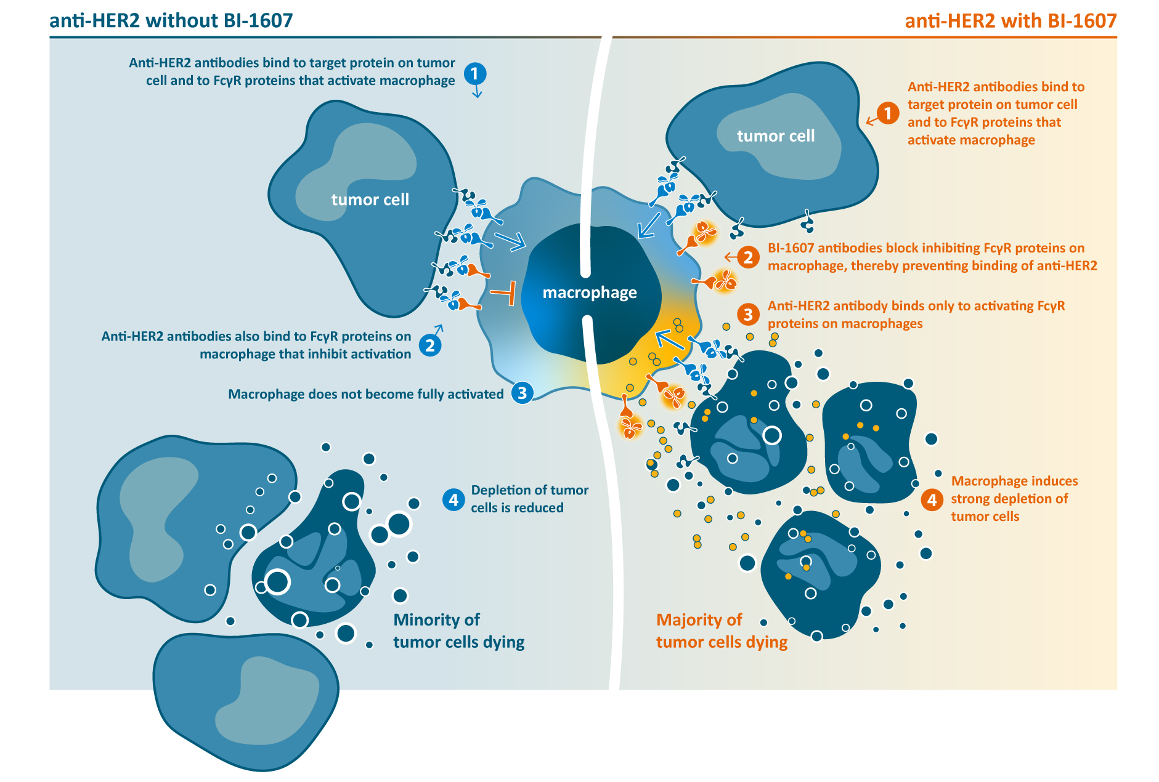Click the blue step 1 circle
click(x=474, y=74)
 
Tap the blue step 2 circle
click(x=430, y=345)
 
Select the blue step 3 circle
click(x=522, y=393)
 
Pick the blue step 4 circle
click(x=453, y=499)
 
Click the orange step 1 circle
click(x=887, y=113)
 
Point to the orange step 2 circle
click(x=748, y=257)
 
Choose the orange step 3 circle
click(x=748, y=315)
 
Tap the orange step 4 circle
click(x=932, y=499)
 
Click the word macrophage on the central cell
click(x=590, y=292)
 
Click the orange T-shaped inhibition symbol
click(x=505, y=292)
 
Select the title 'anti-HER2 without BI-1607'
click(x=171, y=21)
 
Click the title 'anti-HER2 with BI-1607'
click(x=1011, y=21)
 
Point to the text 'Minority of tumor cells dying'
click(x=458, y=631)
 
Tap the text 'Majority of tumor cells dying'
click(x=722, y=631)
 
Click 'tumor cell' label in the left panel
click(x=370, y=200)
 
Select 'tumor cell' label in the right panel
click(x=776, y=135)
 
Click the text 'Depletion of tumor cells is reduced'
click(x=529, y=499)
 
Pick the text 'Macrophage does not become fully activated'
click(x=366, y=394)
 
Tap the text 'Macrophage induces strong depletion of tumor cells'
click(x=1014, y=499)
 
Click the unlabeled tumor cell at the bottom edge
click(x=246, y=702)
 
